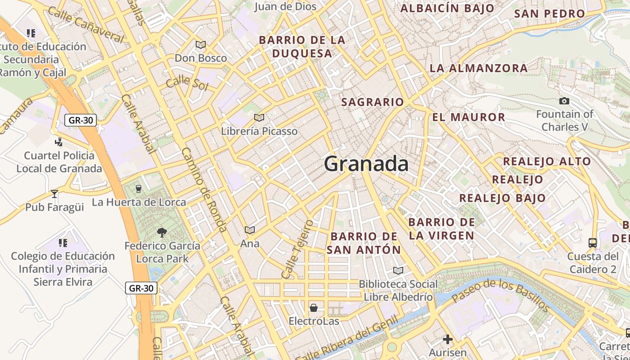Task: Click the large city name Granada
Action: tap(366, 164)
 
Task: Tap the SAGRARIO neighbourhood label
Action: tap(373, 102)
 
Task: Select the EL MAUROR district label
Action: tap(469, 117)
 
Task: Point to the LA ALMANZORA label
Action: tap(478, 68)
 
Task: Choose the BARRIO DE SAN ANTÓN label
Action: tap(364, 243)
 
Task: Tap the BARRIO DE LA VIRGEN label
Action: tap(441, 229)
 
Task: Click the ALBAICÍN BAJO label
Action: tap(447, 8)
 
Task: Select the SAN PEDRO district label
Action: tap(549, 13)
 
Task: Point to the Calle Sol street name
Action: tap(187, 83)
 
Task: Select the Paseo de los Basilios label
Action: tap(500, 295)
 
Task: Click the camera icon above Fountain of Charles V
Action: tap(564, 101)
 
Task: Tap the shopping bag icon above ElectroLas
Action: tap(314, 308)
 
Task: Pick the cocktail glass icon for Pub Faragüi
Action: tap(54, 194)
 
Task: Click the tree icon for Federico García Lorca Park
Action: tap(162, 233)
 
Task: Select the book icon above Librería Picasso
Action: tap(259, 118)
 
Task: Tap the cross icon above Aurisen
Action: tap(447, 339)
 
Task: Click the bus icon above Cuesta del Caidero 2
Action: tap(593, 243)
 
